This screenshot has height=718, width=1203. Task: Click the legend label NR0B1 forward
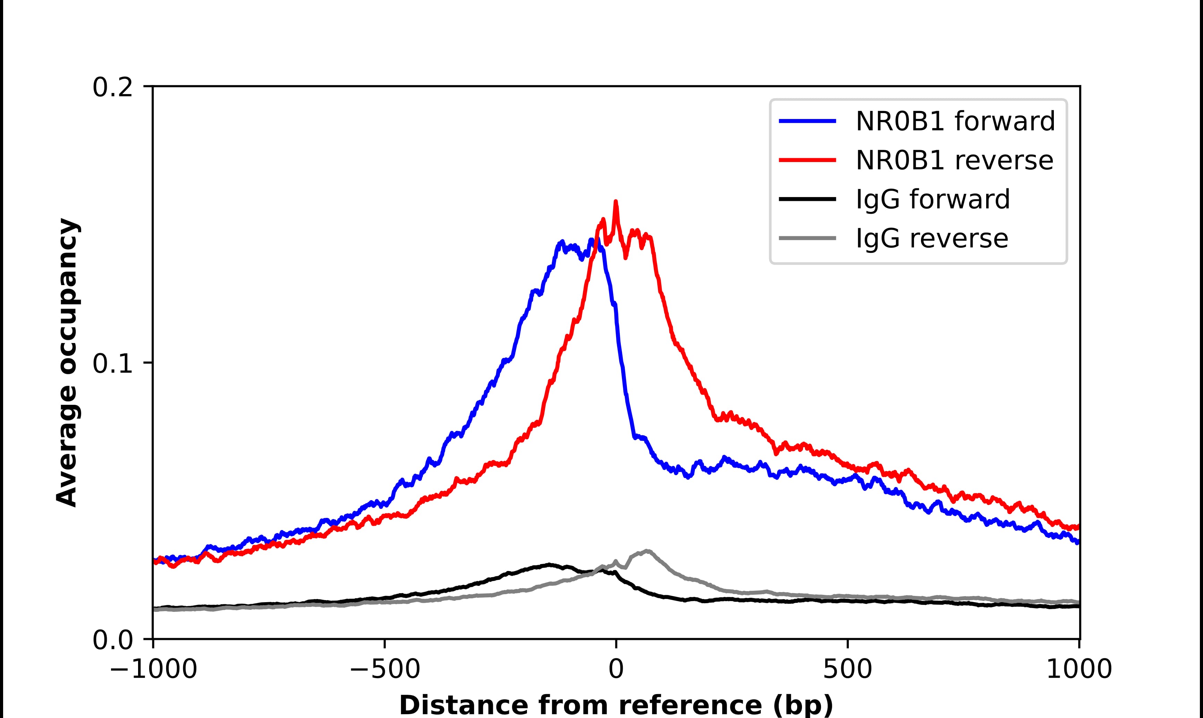[x=955, y=121]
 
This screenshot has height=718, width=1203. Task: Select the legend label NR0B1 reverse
[x=954, y=160]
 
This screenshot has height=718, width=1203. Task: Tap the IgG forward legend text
[x=933, y=199]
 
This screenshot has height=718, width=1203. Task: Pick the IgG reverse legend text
[x=932, y=239]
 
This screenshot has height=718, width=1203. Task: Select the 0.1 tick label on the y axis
[x=112, y=364]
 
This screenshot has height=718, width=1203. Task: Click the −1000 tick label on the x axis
[x=153, y=670]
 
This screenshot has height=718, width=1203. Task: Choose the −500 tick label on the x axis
[x=385, y=670]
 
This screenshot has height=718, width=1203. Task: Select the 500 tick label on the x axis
[x=847, y=670]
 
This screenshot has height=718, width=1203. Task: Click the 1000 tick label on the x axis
[x=1079, y=670]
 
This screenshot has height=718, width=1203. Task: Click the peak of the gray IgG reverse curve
[x=647, y=551]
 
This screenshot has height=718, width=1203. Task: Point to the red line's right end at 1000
[x=1078, y=527]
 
